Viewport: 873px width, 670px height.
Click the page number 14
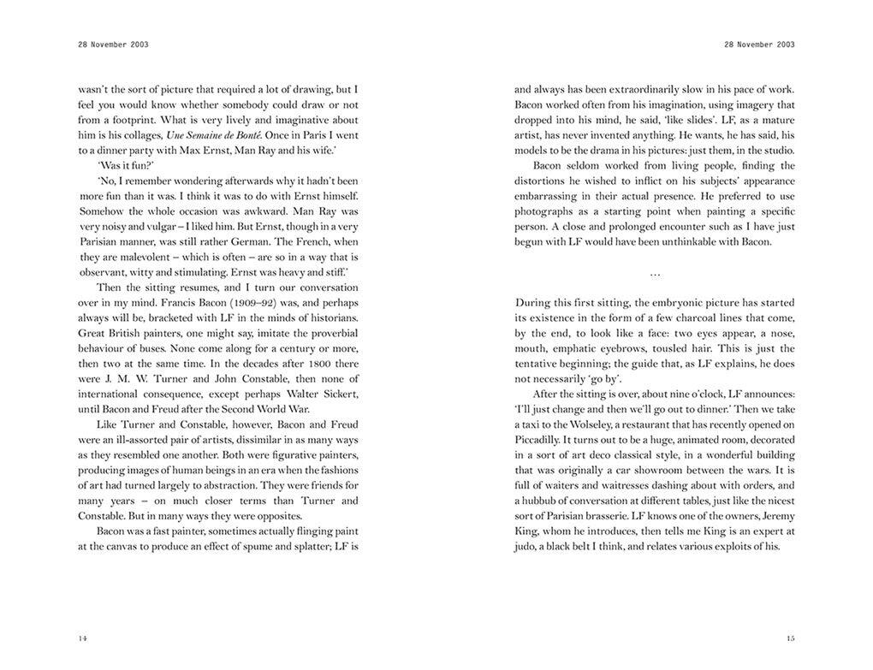point(82,637)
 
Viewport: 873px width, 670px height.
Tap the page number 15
point(790,637)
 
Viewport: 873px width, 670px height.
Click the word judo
point(529,546)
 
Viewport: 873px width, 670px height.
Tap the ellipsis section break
point(655,273)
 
